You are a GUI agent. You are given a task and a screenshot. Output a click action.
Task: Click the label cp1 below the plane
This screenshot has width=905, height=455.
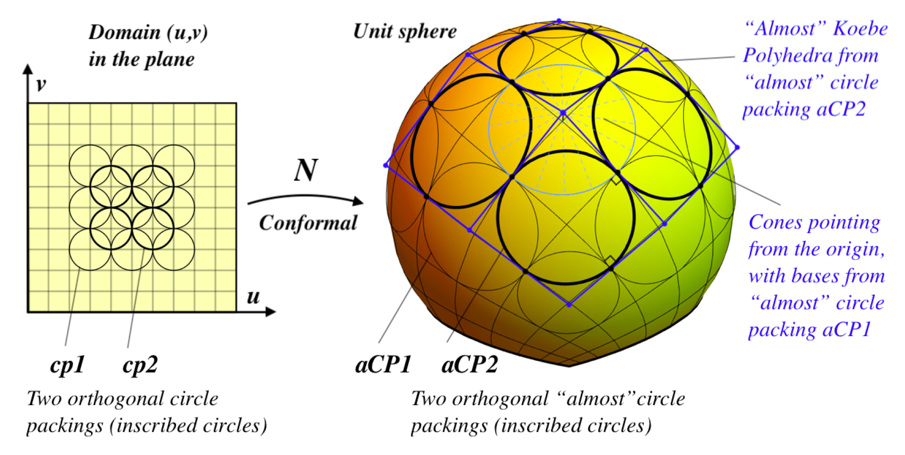point(68,365)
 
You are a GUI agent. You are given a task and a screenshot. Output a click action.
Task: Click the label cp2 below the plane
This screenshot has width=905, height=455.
point(140,365)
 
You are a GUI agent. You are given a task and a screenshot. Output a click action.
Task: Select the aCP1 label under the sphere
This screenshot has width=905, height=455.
point(383,365)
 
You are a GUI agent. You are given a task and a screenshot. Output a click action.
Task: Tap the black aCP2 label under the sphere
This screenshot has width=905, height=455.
point(469,365)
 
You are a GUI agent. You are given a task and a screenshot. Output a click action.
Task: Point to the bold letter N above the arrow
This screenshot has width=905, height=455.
point(305,170)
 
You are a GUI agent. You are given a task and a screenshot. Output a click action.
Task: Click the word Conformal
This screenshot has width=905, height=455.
point(308,223)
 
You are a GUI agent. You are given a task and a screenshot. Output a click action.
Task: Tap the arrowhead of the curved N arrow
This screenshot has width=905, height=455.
point(358,201)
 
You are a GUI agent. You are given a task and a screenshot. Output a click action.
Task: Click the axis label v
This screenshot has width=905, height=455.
point(41,85)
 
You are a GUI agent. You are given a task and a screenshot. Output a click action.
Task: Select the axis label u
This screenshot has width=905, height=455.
point(253,297)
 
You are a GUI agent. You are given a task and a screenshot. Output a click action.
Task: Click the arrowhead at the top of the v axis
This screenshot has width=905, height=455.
point(28,69)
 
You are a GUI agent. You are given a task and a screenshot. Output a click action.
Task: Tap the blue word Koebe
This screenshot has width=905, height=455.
point(860,28)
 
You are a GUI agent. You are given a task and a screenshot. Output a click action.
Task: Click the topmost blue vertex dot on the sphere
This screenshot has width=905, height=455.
point(559,21)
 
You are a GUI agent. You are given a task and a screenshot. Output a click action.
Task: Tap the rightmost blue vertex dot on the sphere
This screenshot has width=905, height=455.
point(737,147)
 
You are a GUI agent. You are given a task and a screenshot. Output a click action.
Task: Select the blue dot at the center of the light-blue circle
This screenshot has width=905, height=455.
point(563,114)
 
